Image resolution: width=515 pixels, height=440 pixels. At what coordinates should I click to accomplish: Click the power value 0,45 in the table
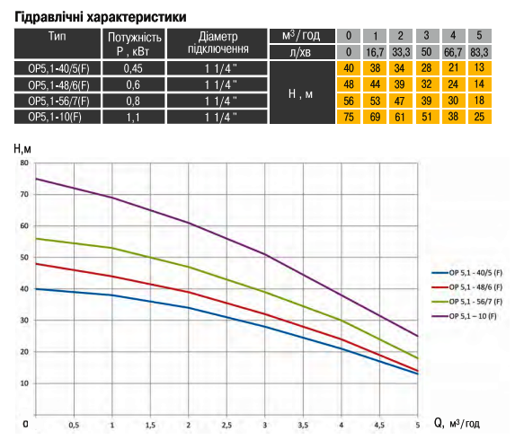133,68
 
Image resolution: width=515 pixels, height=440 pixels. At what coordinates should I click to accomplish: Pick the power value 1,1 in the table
133,117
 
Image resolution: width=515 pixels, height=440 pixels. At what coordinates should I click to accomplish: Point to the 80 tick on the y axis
24,163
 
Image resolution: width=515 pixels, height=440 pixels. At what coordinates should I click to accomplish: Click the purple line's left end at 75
36,179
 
